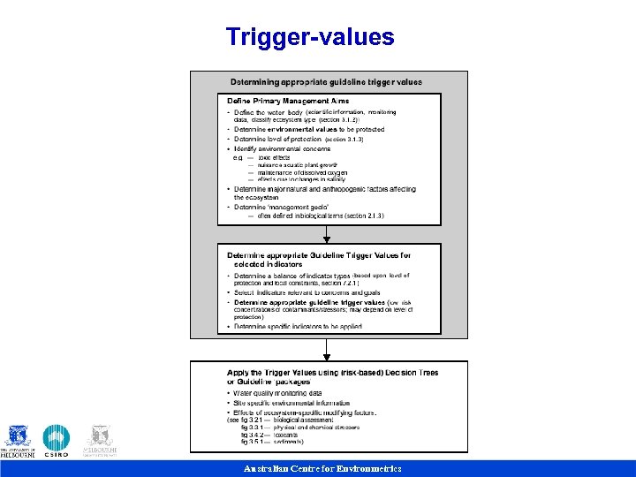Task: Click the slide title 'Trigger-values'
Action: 310,37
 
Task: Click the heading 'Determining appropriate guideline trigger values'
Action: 326,82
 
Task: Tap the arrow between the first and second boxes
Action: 327,234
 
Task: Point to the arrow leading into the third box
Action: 327,350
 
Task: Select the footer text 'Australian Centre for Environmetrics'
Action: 322,468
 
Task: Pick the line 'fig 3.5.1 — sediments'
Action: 278,441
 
